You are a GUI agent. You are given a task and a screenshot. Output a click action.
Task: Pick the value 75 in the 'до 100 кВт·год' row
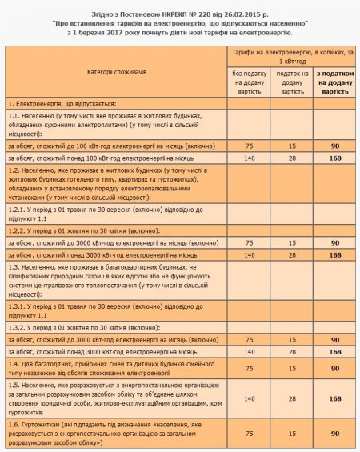click(x=249, y=146)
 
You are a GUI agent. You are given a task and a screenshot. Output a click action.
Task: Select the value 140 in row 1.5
click(x=249, y=398)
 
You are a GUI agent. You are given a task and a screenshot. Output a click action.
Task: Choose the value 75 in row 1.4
click(x=249, y=369)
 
